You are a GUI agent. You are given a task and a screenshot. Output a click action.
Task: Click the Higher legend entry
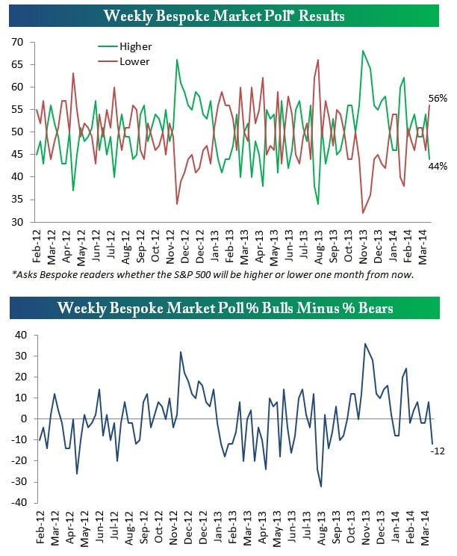(x=134, y=46)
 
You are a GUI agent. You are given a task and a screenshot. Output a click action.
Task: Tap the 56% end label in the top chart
(x=438, y=99)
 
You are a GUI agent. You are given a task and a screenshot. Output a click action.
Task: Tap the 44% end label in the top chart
(x=438, y=166)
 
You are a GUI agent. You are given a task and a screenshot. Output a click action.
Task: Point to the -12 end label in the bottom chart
(x=439, y=450)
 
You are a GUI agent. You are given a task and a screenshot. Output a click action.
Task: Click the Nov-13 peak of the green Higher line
(x=363, y=51)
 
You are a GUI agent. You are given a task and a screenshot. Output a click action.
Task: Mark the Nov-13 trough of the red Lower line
(x=363, y=214)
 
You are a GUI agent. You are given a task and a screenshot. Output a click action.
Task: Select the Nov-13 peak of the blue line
(x=365, y=344)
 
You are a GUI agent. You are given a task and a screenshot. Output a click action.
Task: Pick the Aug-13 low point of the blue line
(x=321, y=486)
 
